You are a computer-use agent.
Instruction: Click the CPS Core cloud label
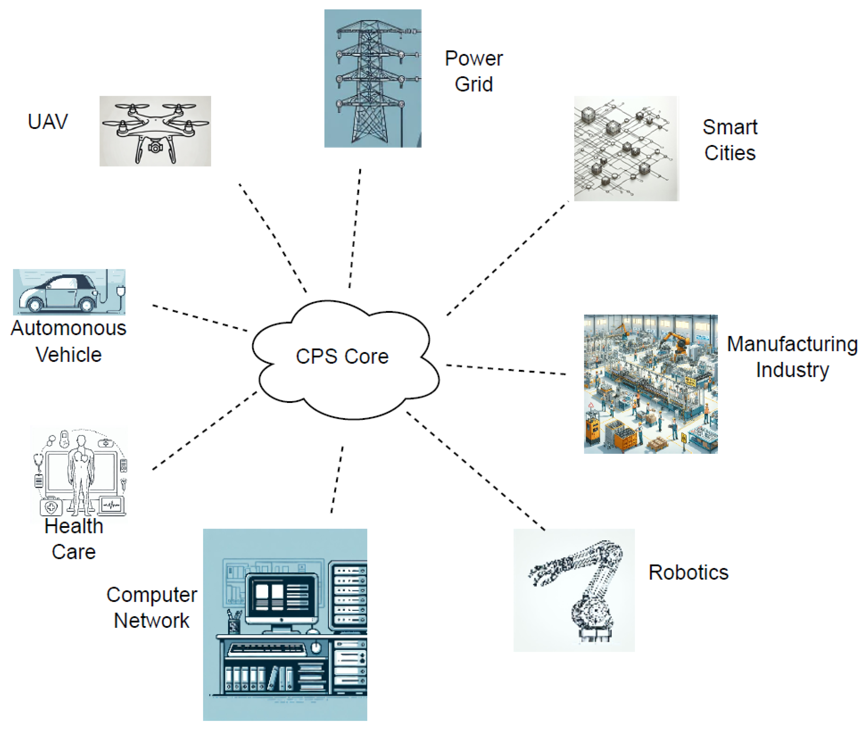342,356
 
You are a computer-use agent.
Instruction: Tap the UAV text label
47,122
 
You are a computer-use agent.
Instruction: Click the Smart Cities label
730,140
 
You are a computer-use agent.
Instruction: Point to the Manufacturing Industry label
792,357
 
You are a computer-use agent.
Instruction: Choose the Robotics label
688,572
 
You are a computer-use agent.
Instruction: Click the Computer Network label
151,607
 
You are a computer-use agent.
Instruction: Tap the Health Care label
74,539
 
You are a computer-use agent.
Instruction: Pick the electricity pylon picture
372,78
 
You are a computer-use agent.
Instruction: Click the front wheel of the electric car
35,305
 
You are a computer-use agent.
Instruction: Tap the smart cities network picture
626,149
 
